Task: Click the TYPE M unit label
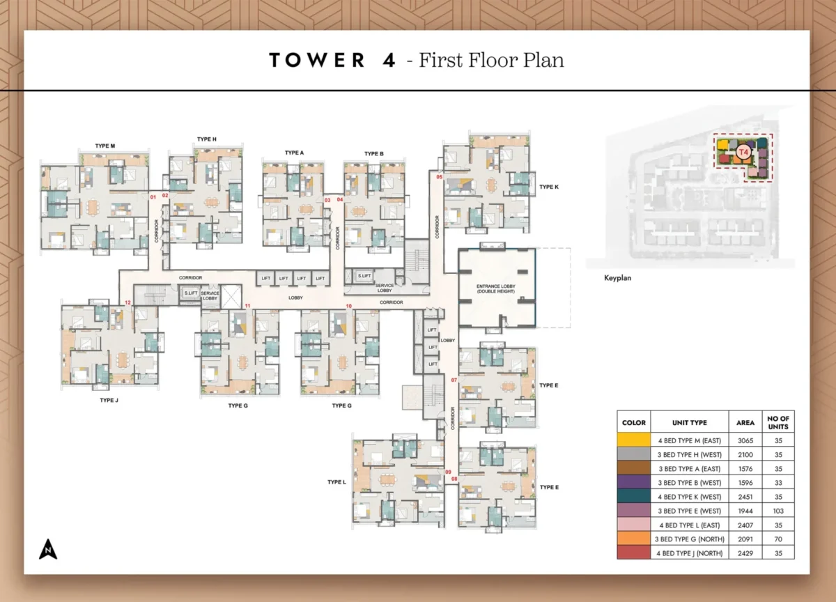[x=104, y=146]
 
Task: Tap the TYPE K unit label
[x=549, y=187]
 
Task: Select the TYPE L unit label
[x=336, y=482]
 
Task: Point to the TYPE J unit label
[x=109, y=401]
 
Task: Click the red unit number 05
[x=440, y=178]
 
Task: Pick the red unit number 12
[x=127, y=302]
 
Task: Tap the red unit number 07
[x=454, y=380]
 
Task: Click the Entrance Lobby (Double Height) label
[x=496, y=288]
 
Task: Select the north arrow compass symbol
[x=48, y=549]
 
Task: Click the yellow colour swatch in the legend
[x=633, y=440]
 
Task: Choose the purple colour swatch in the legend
[x=633, y=482]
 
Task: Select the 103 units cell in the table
[x=778, y=511]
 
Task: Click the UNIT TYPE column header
[x=690, y=423]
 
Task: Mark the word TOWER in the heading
[x=317, y=60]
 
